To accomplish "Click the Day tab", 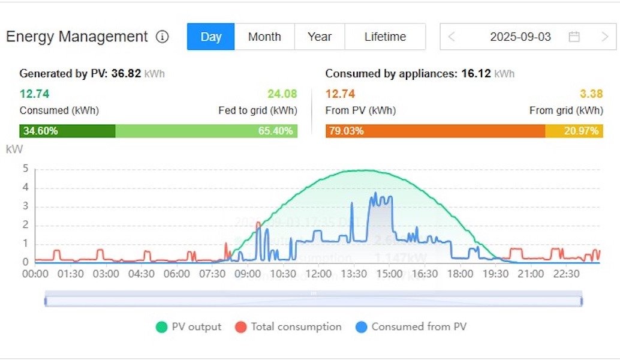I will pos(210,37).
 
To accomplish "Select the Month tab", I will pos(264,37).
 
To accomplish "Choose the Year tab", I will pos(320,37).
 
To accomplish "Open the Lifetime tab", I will pos(385,37).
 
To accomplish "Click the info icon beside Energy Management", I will pos(162,37).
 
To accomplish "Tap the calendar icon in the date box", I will pos(574,37).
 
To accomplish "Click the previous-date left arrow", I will pos(452,37).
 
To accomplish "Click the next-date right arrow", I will pos(604,37).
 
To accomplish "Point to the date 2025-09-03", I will pos(520,37).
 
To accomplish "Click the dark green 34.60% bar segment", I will pos(67,131).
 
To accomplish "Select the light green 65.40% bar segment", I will pos(206,131).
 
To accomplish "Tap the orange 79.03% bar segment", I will pos(435,131).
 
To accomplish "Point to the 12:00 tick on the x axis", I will pos(318,274).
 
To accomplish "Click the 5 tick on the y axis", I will pos(25,169).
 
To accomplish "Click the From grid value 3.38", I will pos(591,94).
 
